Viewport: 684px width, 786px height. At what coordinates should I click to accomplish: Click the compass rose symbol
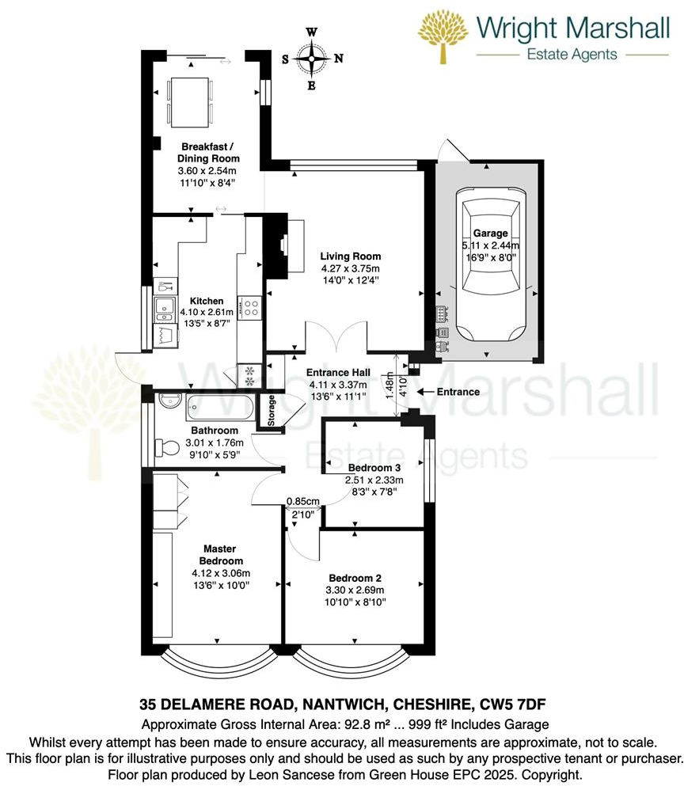click(x=313, y=59)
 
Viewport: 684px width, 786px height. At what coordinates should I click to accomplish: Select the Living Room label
click(x=351, y=256)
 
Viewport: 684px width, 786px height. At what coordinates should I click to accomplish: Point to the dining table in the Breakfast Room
click(x=191, y=102)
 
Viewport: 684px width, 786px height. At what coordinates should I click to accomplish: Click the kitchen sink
click(x=165, y=309)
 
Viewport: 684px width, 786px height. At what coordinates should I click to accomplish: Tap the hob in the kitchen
click(x=252, y=307)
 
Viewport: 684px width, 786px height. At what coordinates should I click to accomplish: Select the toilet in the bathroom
click(x=168, y=447)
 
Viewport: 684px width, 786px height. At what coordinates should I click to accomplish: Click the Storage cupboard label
click(x=272, y=411)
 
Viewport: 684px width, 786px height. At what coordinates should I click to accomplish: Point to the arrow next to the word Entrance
click(x=421, y=392)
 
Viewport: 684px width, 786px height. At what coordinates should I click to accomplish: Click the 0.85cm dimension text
click(x=302, y=502)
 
